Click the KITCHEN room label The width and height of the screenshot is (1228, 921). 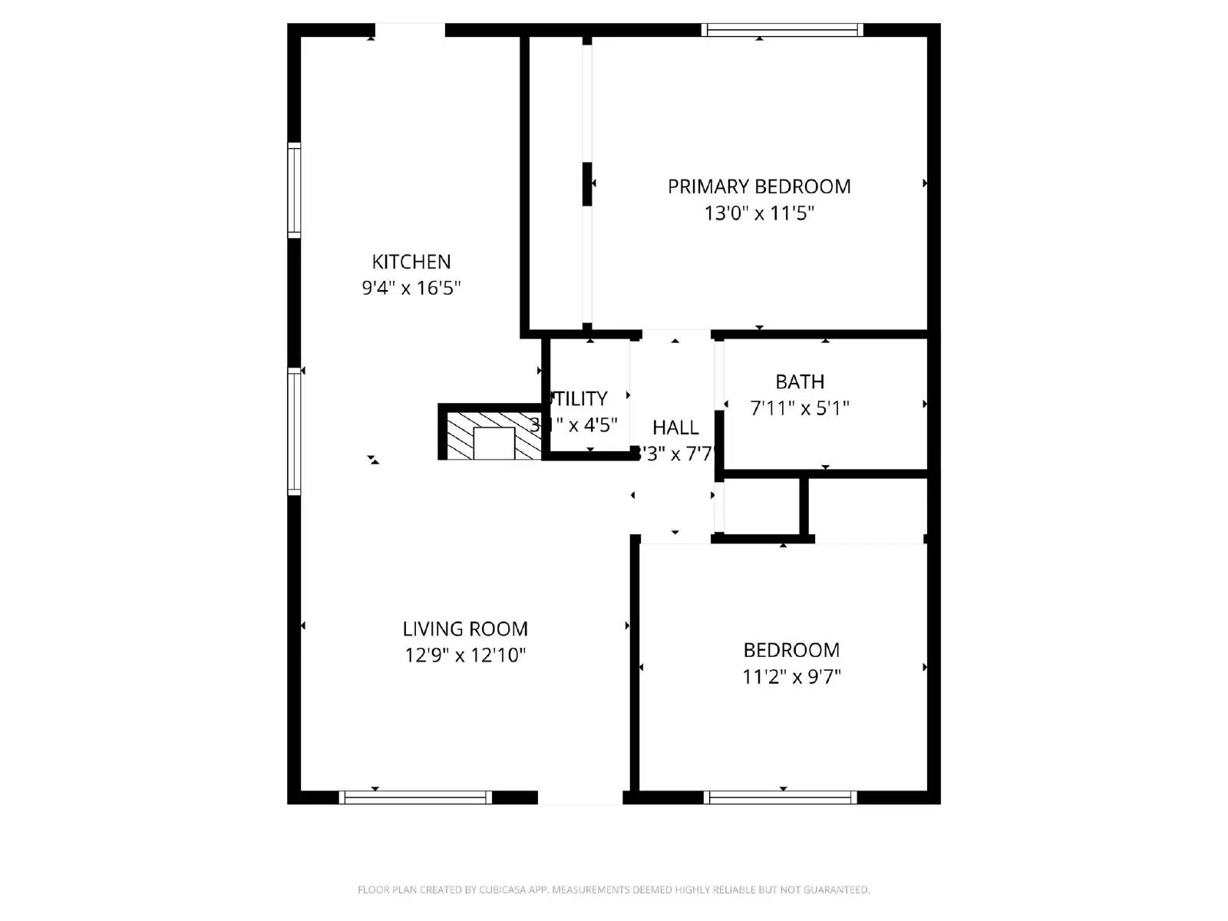click(x=411, y=262)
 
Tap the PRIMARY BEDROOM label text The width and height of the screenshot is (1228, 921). click(x=759, y=187)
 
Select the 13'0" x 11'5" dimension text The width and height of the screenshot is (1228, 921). click(x=759, y=213)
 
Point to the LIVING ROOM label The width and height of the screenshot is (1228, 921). click(x=465, y=629)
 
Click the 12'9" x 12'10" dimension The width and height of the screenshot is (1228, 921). click(x=465, y=655)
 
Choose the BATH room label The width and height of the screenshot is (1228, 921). click(x=800, y=381)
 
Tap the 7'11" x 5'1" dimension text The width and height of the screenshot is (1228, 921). click(x=800, y=408)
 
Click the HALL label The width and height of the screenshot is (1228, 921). click(x=675, y=427)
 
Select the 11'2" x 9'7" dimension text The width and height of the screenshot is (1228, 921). click(x=791, y=677)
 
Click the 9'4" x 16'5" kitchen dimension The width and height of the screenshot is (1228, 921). click(x=411, y=288)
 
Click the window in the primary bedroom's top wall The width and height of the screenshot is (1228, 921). click(x=782, y=30)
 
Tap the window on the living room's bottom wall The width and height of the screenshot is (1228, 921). click(x=415, y=798)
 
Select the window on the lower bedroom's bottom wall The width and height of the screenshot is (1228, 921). click(x=780, y=798)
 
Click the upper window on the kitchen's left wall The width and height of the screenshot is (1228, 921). click(x=294, y=190)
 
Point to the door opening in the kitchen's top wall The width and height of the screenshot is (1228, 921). click(x=410, y=30)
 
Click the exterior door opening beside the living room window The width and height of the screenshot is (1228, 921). click(x=580, y=798)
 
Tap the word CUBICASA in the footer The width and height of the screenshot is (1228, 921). click(x=502, y=890)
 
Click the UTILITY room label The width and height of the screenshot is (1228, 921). click(x=580, y=399)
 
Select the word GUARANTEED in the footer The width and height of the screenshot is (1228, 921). click(x=836, y=890)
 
